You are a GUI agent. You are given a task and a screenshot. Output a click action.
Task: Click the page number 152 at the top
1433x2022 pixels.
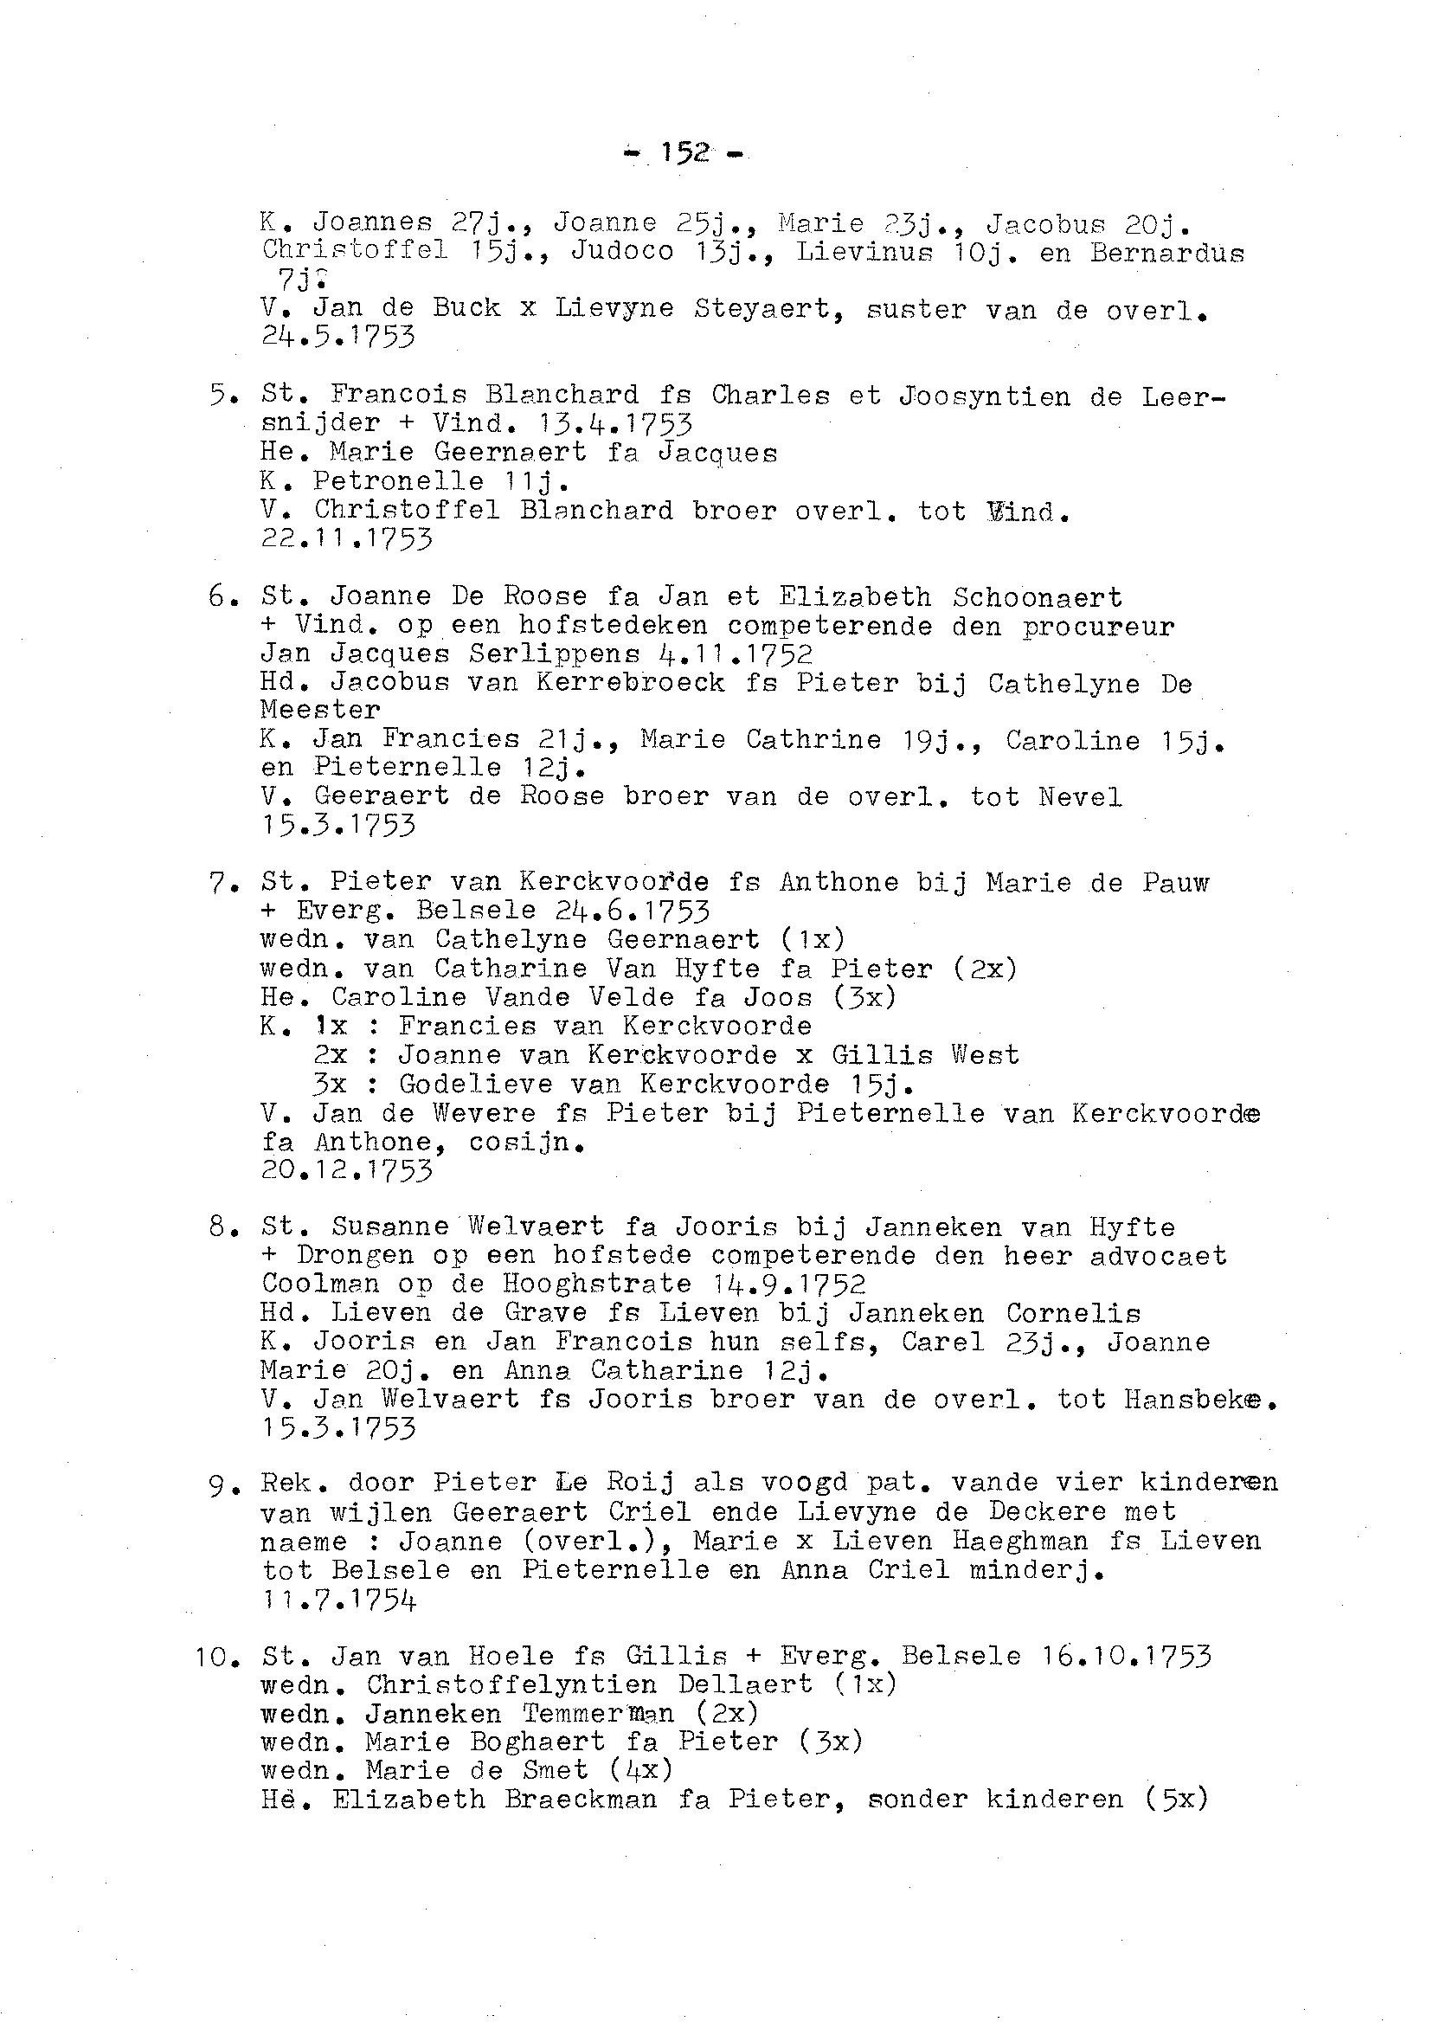[x=684, y=153]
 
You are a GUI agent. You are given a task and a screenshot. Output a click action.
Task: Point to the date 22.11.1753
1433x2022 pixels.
[x=347, y=538]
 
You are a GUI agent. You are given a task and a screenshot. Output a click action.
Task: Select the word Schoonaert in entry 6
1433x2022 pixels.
[x=1037, y=597]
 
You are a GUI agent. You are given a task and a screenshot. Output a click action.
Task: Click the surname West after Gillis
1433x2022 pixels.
[x=985, y=1054]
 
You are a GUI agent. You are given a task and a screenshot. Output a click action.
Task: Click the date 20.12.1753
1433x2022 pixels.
[x=347, y=1171]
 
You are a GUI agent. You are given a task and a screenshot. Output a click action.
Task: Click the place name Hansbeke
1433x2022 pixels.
[x=1198, y=1399]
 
